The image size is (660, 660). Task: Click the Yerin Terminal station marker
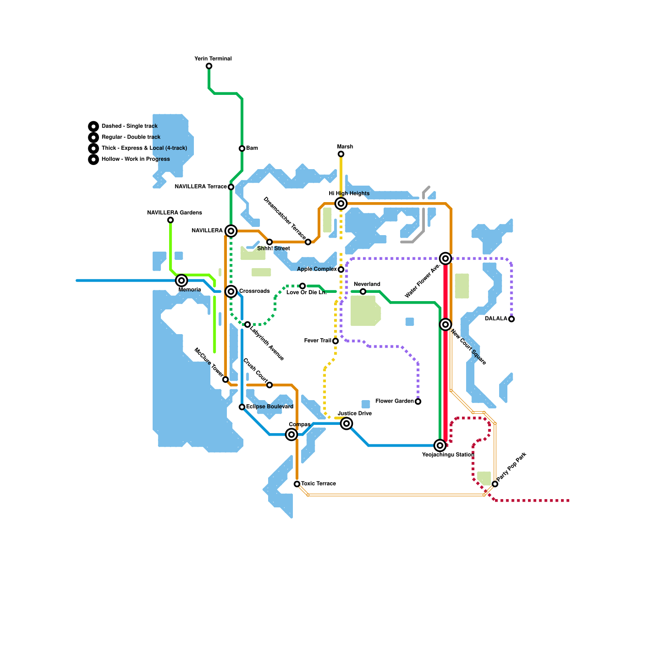[209, 66]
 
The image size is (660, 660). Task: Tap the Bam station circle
[242, 148]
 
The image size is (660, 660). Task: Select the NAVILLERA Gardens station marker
[170, 220]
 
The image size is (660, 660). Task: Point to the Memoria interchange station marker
[181, 280]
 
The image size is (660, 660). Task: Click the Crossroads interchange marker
[231, 292]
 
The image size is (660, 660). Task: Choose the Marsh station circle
[341, 154]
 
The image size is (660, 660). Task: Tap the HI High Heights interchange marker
[341, 203]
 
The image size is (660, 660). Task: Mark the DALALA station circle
[511, 319]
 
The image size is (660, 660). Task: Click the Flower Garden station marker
[418, 401]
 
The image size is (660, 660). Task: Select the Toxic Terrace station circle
[297, 484]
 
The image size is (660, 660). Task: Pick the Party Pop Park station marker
[495, 484]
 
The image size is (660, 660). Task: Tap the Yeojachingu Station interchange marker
[440, 445]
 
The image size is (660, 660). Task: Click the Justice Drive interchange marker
[346, 424]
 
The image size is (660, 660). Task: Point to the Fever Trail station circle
[335, 341]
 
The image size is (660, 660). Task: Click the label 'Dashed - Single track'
[130, 126]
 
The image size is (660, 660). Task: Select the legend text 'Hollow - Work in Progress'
[136, 159]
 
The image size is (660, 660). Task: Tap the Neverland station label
[367, 284]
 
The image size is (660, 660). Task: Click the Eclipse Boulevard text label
[270, 407]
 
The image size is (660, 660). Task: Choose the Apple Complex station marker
[341, 269]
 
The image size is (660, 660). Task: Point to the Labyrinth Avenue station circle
[247, 325]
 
